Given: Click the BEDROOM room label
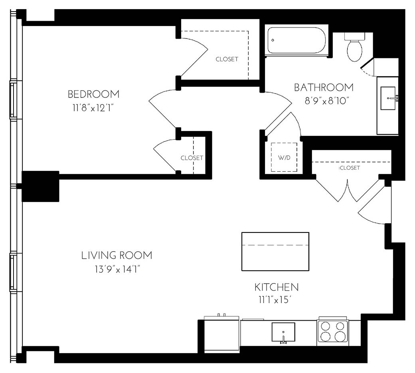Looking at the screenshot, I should [93, 94].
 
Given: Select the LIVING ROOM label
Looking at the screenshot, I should [117, 255].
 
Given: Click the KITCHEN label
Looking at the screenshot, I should [277, 287].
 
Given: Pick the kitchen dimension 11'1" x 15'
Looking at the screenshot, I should [277, 300].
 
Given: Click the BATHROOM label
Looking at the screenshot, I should [324, 87].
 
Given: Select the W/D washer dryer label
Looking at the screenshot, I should [284, 158].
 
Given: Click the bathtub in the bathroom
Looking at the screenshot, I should [297, 40].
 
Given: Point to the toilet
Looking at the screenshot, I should [354, 48].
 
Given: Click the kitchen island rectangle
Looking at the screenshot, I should [275, 251].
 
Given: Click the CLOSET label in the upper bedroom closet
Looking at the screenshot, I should [227, 59].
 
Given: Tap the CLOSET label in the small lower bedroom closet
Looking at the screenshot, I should [192, 158].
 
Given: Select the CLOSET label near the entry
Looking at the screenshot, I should [350, 168].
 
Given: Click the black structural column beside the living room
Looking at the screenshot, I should [40, 186].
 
